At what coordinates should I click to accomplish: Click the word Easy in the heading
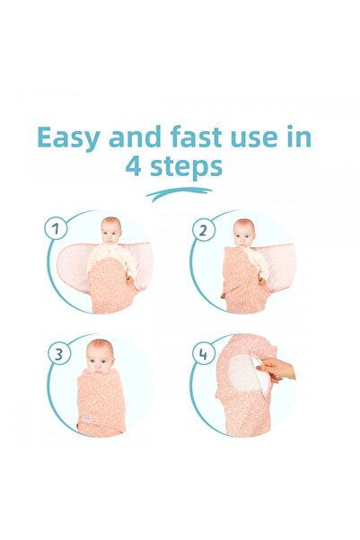(68, 137)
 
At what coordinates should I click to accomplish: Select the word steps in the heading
(186, 167)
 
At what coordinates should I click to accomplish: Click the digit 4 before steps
(133, 166)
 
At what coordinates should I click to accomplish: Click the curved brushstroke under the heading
(179, 194)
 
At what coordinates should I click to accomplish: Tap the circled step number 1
(56, 229)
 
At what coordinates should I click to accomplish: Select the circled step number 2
(204, 230)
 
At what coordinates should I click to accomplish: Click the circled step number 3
(59, 354)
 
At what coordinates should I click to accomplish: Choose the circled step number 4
(204, 354)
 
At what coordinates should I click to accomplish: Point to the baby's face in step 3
(99, 359)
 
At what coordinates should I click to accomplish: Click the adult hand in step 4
(277, 369)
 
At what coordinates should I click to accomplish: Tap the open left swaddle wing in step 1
(73, 263)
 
